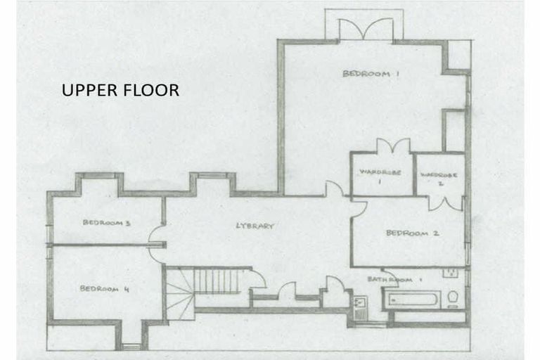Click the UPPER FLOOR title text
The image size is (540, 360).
pos(120,91)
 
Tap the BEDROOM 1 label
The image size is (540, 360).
pos(366,73)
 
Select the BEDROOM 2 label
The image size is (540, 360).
pos(412,233)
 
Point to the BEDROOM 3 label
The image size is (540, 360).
pos(108,223)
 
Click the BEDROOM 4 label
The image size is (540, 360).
pos(104,288)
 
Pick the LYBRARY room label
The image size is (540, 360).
pos(254,226)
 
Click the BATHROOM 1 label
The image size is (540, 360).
pos(395,280)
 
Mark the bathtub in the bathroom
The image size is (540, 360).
pos(411,299)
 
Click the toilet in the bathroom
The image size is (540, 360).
pos(454,298)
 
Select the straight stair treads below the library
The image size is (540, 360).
pos(217,281)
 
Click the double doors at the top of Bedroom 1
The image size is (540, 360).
pos(365,30)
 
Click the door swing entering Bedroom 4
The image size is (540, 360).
pos(156,255)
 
